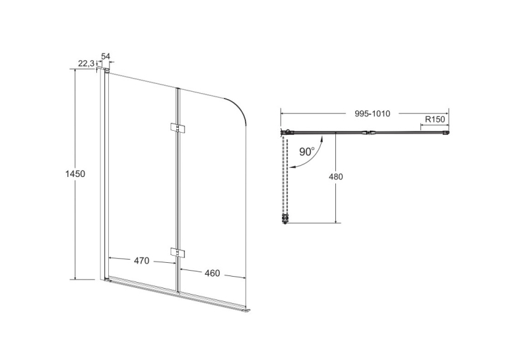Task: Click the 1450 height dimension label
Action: pos(75,174)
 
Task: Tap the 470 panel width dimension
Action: pos(142,260)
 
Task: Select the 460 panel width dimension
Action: pos(213,273)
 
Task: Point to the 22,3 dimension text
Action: pos(86,63)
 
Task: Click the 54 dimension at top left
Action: pos(106,56)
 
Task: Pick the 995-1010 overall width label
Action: pos(372,114)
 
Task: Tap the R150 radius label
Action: pos(435,120)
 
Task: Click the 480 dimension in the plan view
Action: pos(336,176)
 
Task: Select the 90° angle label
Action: pos(307,151)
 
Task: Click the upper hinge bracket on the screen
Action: pos(177,127)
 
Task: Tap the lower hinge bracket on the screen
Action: pos(177,253)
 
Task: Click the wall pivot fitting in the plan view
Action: pos(286,132)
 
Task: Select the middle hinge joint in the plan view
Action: pos(370,132)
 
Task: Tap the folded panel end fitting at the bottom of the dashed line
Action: pos(285,219)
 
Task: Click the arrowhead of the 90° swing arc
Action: pos(292,167)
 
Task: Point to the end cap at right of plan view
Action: pos(447,133)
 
